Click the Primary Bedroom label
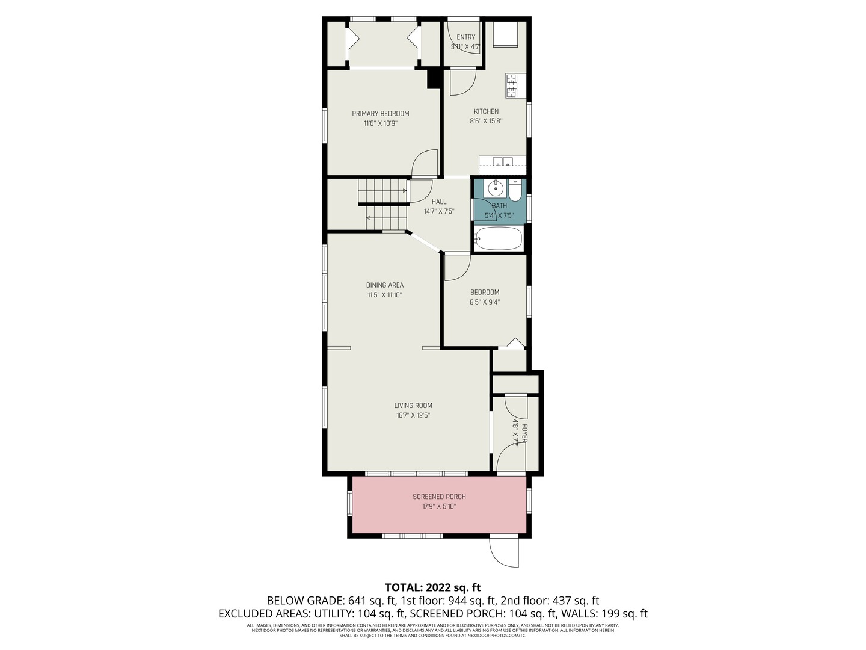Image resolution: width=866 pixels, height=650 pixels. (x=380, y=114)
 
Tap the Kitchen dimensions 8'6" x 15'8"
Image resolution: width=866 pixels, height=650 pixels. (x=486, y=121)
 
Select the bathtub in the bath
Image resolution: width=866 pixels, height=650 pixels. (x=499, y=238)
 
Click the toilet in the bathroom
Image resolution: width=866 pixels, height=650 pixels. (x=515, y=190)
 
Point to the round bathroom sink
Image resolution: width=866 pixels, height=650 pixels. (x=494, y=189)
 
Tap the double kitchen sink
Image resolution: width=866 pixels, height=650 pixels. (x=502, y=162)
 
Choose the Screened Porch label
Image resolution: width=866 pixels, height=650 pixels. (x=439, y=497)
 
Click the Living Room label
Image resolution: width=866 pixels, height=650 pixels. (x=413, y=405)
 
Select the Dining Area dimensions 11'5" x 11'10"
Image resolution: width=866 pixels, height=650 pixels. (x=385, y=295)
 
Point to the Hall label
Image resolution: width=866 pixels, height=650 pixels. (x=439, y=202)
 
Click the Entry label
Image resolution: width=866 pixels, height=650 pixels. (x=466, y=37)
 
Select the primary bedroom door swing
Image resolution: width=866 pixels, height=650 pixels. (x=425, y=162)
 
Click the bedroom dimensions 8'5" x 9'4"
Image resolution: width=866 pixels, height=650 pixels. (x=485, y=302)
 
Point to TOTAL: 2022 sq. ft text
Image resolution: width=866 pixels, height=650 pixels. (x=433, y=587)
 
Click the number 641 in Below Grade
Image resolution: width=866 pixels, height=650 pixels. (x=356, y=601)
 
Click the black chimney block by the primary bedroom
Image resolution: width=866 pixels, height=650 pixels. (x=434, y=78)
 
